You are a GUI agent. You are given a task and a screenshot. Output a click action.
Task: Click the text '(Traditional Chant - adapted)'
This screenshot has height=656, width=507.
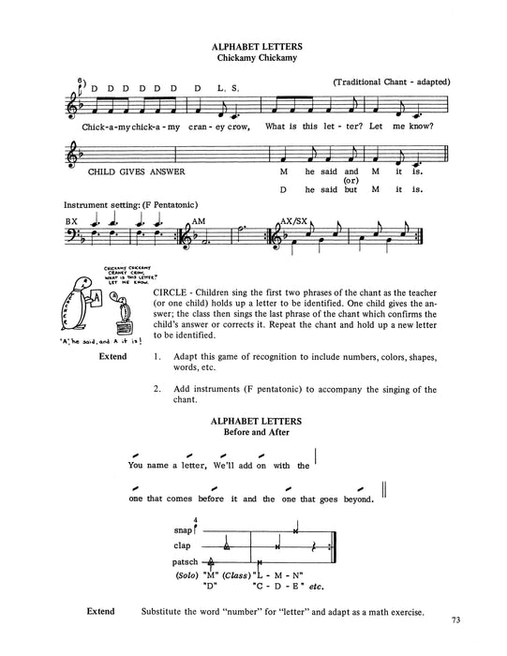pyautogui.click(x=392, y=82)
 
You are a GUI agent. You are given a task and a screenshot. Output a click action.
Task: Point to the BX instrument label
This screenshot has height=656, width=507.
pyautogui.click(x=71, y=221)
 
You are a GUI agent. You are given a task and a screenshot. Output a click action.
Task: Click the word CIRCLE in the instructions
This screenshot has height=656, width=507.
pyautogui.click(x=172, y=294)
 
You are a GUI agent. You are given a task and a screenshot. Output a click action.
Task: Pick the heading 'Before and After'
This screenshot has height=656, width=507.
pyautogui.click(x=253, y=433)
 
